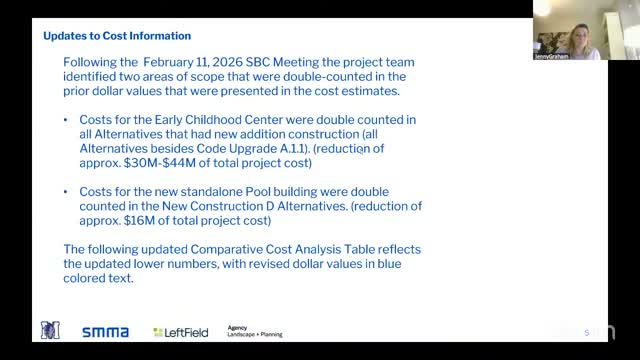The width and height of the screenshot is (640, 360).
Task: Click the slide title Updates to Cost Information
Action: (x=110, y=34)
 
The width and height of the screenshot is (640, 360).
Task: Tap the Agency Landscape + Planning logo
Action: (x=254, y=331)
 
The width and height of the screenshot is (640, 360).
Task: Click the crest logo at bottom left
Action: (x=50, y=330)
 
